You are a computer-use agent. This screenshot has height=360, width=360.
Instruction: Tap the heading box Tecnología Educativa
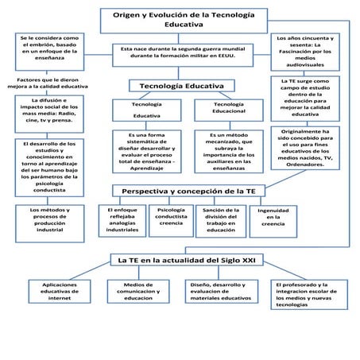click(x=181, y=86)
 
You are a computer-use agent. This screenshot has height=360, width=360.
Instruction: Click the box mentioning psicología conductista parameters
click(x=49, y=168)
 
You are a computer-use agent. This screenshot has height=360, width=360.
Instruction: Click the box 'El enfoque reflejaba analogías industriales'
click(x=122, y=219)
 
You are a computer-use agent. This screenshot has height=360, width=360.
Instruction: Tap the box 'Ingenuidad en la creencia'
click(x=273, y=219)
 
